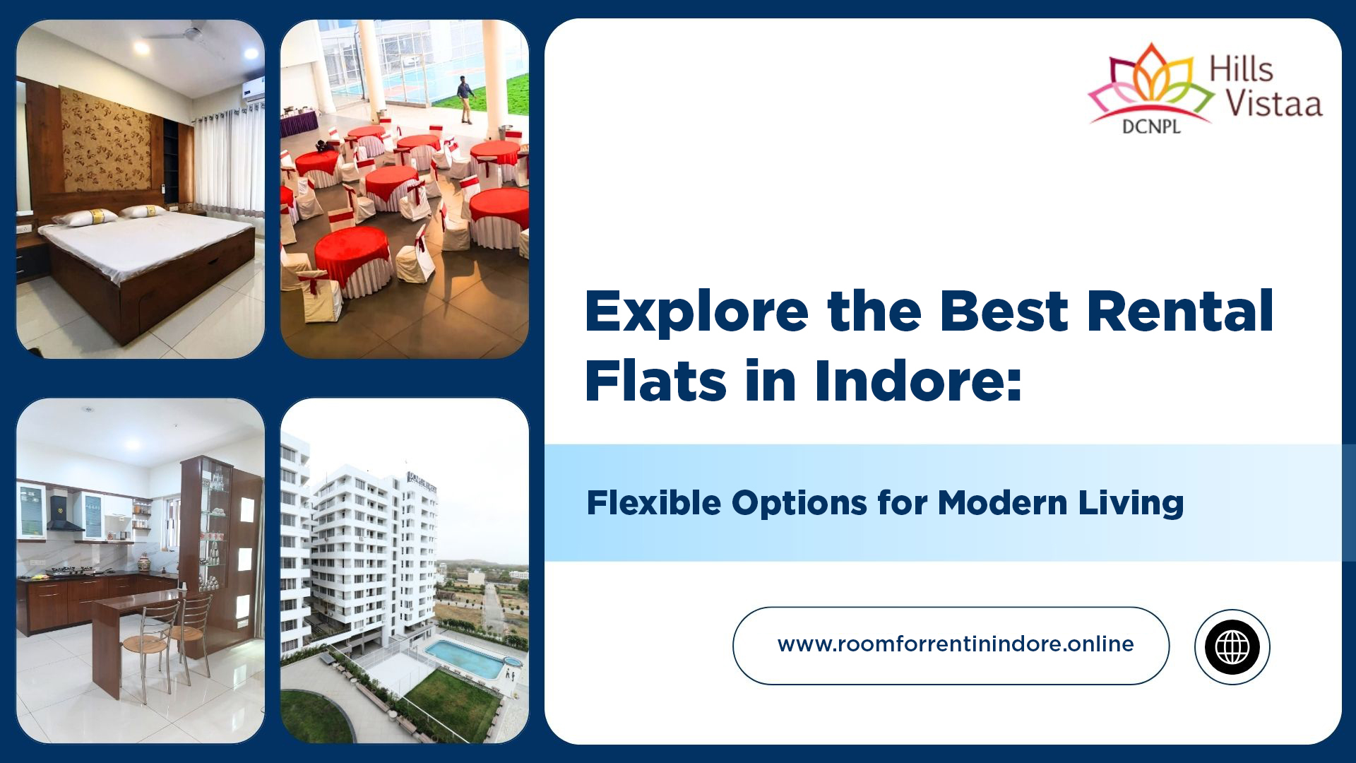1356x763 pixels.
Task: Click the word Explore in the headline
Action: click(696, 312)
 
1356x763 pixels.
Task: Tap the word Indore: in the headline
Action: click(918, 381)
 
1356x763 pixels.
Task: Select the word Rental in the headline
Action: click(1179, 312)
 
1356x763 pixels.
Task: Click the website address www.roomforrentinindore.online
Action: click(955, 644)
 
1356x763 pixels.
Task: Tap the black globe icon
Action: click(1232, 646)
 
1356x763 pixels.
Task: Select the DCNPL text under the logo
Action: click(1150, 128)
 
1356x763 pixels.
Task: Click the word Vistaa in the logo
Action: click(1273, 103)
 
